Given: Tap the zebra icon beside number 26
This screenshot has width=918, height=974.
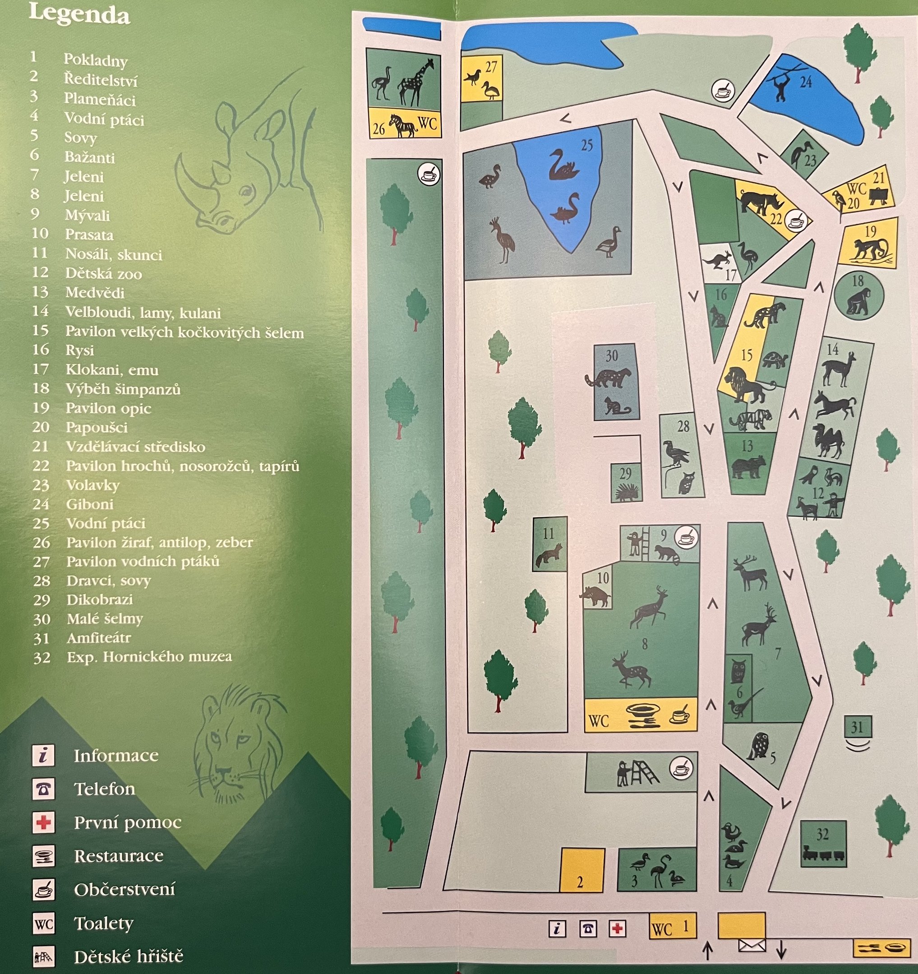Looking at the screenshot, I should (402, 126).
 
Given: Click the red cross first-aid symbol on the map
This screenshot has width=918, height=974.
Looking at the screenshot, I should (618, 928).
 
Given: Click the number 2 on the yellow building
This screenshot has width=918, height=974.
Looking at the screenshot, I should (580, 882).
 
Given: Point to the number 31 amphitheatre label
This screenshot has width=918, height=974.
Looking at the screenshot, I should (857, 727).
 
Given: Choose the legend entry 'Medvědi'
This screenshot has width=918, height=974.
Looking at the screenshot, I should (95, 293).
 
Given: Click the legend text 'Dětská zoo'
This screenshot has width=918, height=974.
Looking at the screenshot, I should (103, 273).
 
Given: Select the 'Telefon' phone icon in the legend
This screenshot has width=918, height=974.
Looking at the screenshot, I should (43, 789).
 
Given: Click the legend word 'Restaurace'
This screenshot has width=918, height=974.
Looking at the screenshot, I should (119, 856).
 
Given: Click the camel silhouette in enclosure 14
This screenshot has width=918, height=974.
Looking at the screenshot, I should (828, 441).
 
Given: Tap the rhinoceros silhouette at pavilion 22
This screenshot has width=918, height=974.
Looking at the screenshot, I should (758, 202).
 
